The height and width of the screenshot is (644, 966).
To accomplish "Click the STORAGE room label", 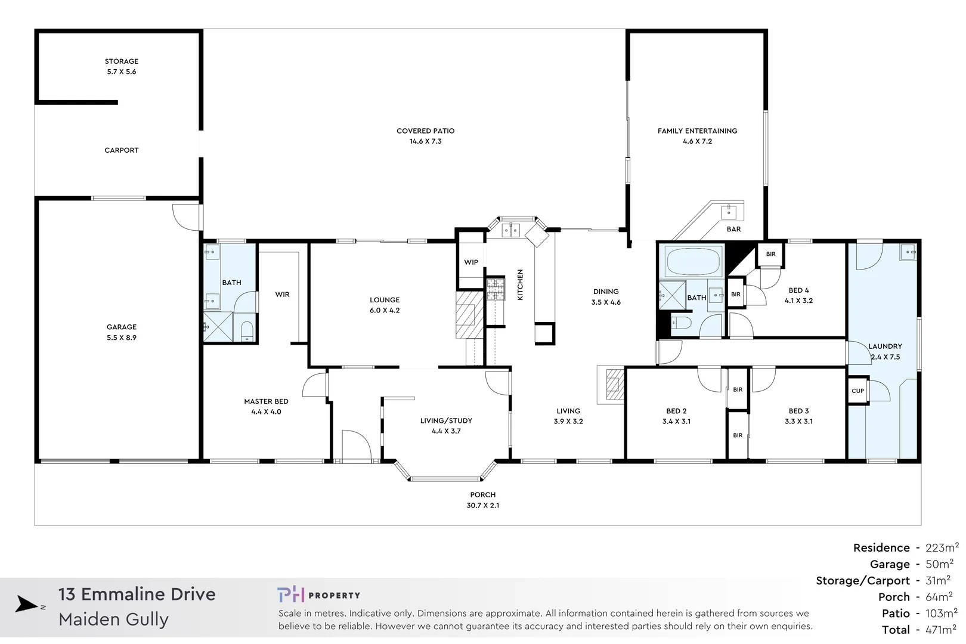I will pyautogui.click(x=122, y=61).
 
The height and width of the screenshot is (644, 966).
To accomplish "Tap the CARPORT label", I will pyautogui.click(x=122, y=150).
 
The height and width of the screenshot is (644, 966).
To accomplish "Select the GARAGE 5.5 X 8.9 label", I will pyautogui.click(x=122, y=332).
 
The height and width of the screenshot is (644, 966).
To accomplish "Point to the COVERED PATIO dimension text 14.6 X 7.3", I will pyautogui.click(x=425, y=141).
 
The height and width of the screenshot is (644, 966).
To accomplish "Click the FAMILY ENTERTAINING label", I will pyautogui.click(x=697, y=131).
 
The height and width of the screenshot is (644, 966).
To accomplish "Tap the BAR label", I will pyautogui.click(x=733, y=229).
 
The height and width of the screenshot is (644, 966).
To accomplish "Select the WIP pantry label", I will pyautogui.click(x=471, y=262).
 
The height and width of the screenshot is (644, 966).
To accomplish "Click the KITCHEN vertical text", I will pyautogui.click(x=520, y=284).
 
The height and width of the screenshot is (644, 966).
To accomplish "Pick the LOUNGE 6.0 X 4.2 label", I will pyautogui.click(x=385, y=305).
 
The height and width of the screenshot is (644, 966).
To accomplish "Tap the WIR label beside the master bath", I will pyautogui.click(x=282, y=295).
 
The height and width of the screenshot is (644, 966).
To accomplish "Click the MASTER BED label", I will pyautogui.click(x=266, y=402).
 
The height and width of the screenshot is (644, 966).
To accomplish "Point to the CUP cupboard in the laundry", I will pyautogui.click(x=857, y=391).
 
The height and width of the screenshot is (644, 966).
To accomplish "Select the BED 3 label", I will pyautogui.click(x=798, y=411).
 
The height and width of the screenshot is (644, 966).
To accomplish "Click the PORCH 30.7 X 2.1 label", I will pyautogui.click(x=483, y=500).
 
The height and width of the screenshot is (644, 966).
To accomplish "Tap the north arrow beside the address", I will pyautogui.click(x=27, y=605).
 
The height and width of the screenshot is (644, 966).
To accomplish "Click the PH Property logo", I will pyautogui.click(x=318, y=595).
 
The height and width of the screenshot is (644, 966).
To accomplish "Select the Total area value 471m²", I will pyautogui.click(x=942, y=630).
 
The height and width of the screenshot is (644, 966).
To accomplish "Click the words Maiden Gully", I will pyautogui.click(x=113, y=620).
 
